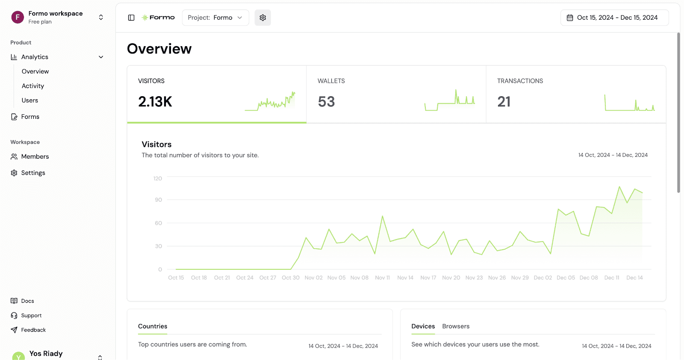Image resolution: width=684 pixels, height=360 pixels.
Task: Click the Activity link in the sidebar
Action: click(x=32, y=86)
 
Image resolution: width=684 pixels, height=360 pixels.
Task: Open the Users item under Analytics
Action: click(x=29, y=100)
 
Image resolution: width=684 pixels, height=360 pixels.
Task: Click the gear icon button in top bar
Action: click(x=262, y=18)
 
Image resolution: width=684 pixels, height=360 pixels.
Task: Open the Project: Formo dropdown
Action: click(x=215, y=18)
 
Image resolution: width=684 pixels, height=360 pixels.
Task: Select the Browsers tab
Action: click(x=456, y=326)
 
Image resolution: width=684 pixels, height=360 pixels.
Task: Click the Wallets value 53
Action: click(x=326, y=102)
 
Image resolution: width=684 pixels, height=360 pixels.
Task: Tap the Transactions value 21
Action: click(x=504, y=102)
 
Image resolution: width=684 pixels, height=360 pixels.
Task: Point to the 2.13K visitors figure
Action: click(x=155, y=102)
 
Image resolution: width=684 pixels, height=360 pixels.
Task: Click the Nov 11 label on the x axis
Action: click(x=382, y=277)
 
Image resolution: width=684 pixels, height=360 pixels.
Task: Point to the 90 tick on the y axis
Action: click(x=158, y=200)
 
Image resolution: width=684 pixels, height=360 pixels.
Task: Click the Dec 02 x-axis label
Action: click(x=542, y=277)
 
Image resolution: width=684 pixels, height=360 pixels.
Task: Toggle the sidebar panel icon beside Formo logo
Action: click(x=131, y=18)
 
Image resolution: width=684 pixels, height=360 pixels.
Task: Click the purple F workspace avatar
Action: click(x=18, y=17)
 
